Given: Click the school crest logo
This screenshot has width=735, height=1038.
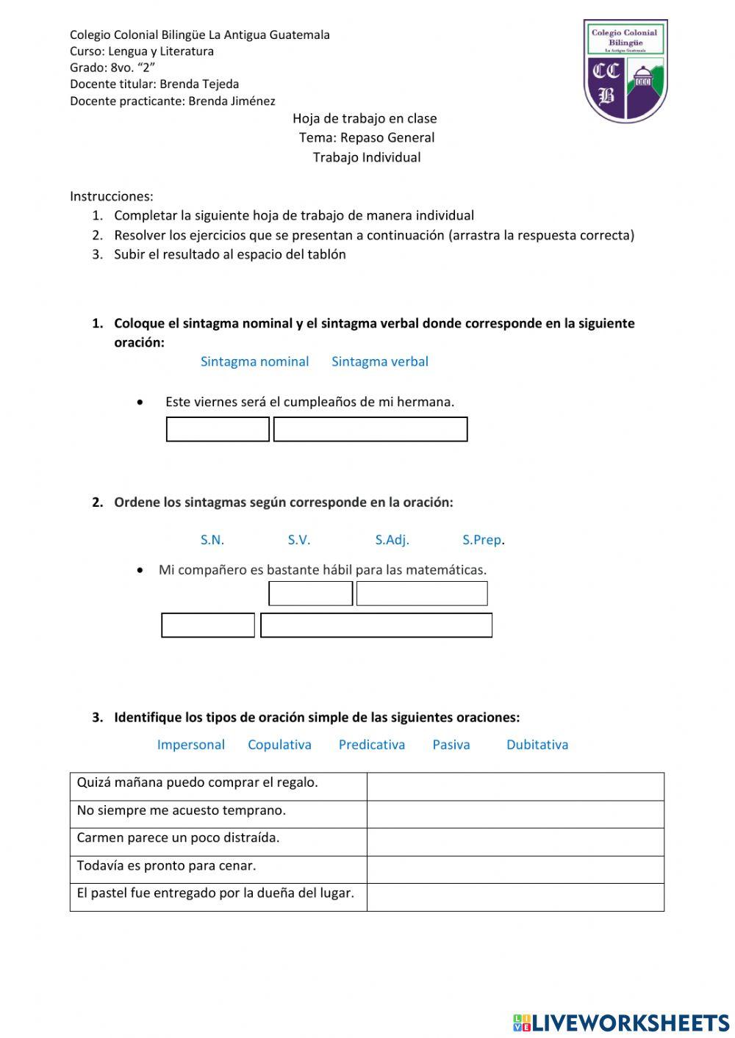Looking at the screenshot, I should tap(625, 71).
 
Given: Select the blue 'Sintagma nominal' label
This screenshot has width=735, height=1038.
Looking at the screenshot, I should tap(254, 361).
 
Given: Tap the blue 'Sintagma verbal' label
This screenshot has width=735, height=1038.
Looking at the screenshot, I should tap(379, 361).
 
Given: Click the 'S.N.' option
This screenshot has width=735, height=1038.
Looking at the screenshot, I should tap(212, 540).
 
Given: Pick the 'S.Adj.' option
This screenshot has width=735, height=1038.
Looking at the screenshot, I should tap(392, 540).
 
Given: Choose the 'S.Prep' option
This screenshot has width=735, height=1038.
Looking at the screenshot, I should tap(481, 540).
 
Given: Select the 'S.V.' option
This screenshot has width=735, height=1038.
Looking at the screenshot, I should tap(298, 540).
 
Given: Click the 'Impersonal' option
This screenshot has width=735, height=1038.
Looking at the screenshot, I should tap(190, 744).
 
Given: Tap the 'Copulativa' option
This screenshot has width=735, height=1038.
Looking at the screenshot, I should tap(279, 744).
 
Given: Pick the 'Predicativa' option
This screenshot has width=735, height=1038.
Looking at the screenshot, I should tap(371, 744).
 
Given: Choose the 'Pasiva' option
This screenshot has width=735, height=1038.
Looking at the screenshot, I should tap(451, 744).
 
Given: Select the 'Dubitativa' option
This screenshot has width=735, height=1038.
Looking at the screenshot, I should tap(537, 744).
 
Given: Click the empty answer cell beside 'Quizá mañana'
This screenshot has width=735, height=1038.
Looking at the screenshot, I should tap(515, 786).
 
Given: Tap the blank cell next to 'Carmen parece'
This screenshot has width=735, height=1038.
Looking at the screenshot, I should tap(515, 842).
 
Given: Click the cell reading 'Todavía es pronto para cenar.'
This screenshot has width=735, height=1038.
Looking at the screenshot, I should tap(218, 866).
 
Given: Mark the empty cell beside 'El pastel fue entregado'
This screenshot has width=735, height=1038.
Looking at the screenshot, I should tap(515, 897).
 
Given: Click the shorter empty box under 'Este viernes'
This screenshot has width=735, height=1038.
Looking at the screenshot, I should tap(218, 429).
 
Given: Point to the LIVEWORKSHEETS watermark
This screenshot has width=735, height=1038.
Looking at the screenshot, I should tap(621, 1023).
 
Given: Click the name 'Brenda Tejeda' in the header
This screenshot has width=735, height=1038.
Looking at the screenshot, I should tap(199, 84).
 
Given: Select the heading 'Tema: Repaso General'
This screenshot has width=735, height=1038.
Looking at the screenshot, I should tap(366, 137).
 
